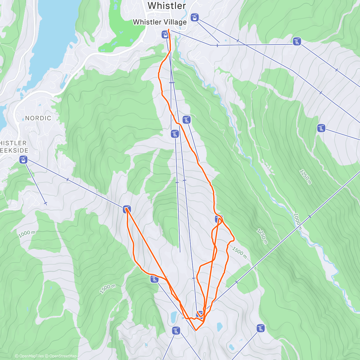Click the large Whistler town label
167,6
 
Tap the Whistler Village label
160,22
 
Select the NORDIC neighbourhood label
38,118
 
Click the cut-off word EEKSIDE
14,151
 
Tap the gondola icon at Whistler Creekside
23,160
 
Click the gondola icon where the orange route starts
165,34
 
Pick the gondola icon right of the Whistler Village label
195,17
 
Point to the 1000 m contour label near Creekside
27,234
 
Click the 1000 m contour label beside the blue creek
297,221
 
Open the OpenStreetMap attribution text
63,356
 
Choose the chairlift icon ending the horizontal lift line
297,41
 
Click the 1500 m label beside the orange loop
239,253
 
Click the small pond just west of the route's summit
174,316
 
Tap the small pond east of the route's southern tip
220,326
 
